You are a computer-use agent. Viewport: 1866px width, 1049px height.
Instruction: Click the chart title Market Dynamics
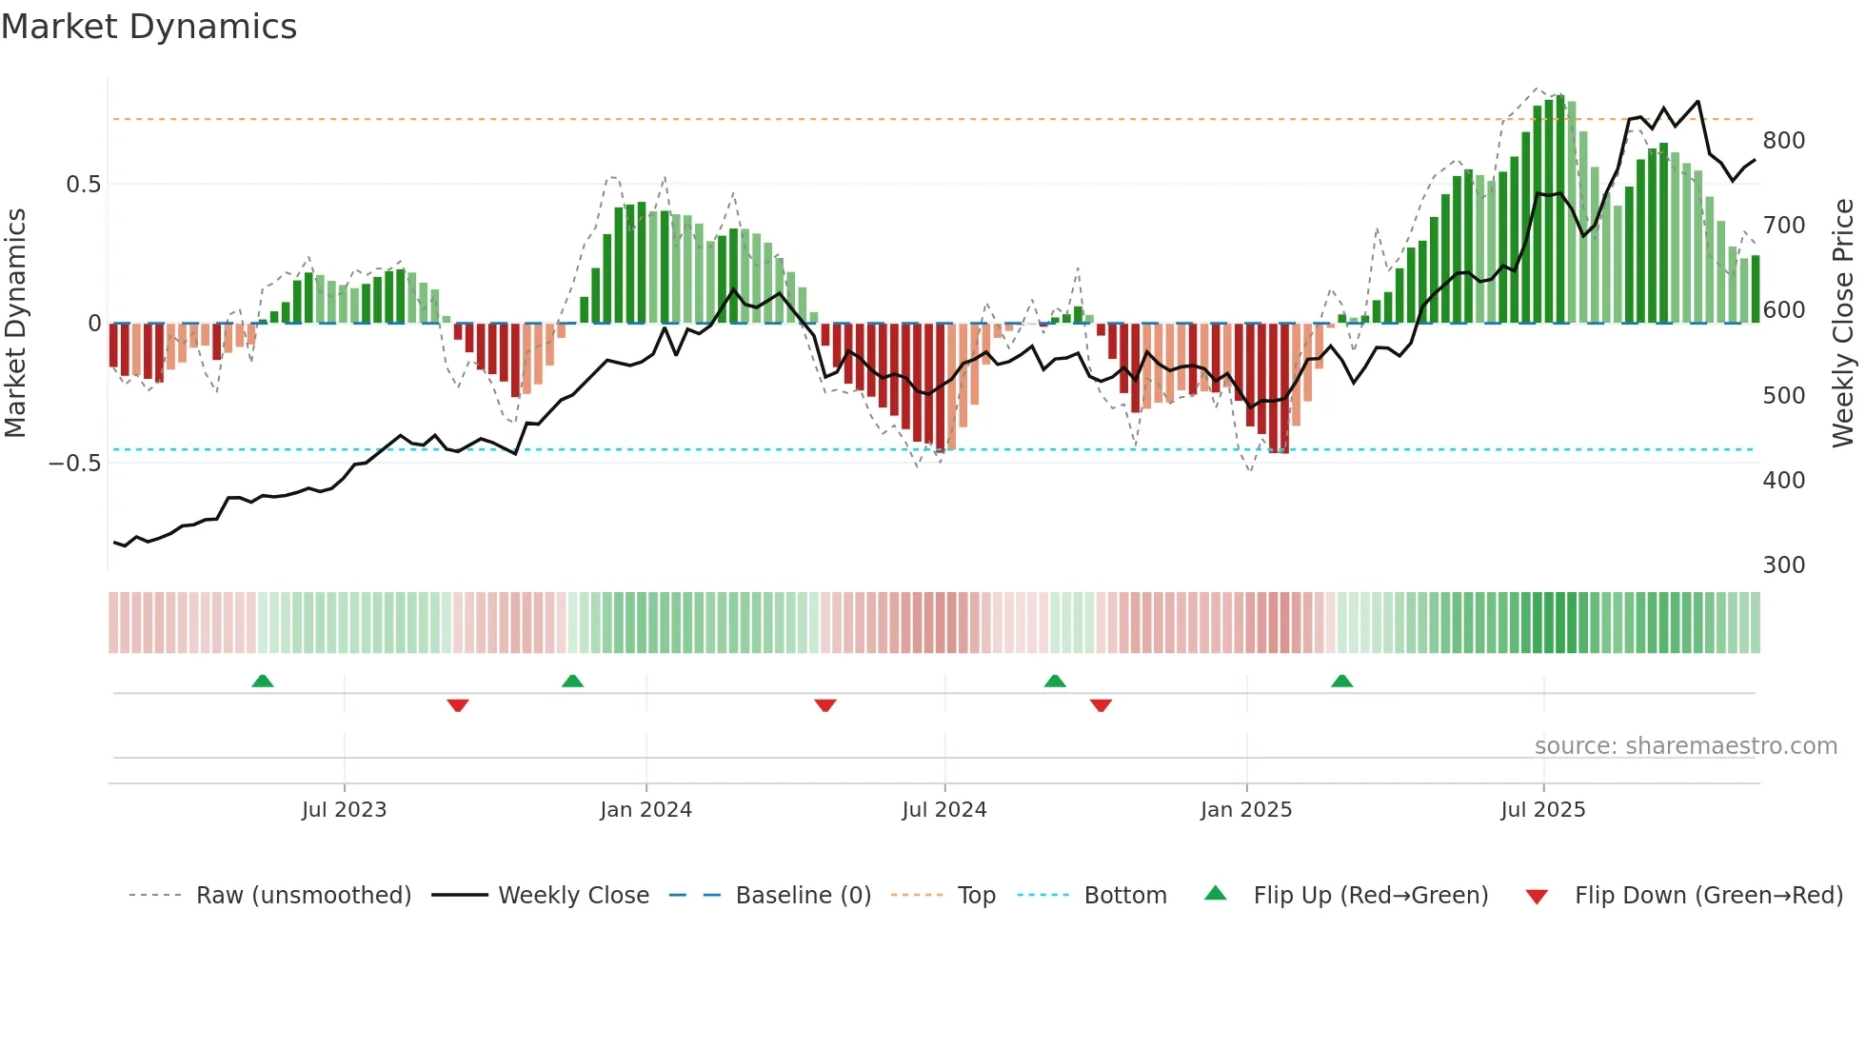pos(149,27)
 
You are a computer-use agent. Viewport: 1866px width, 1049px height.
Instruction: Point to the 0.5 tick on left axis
pos(83,184)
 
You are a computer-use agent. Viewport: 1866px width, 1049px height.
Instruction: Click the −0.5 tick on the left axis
pos(74,464)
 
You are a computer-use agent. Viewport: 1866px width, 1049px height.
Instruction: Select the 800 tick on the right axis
pos(1783,141)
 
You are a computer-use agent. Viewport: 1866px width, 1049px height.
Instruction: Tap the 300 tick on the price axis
pos(1783,565)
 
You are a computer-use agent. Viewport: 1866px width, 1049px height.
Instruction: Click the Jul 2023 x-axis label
pos(344,810)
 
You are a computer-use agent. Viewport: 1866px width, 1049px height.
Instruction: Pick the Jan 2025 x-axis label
pos(1245,810)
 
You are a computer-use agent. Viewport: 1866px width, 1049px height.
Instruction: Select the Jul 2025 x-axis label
pos(1542,810)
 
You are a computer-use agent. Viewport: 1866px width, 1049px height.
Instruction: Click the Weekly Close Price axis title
pos(1843,324)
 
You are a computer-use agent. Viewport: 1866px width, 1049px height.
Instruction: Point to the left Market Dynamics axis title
pos(15,324)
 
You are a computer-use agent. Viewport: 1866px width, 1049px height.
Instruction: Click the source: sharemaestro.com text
pos(1685,746)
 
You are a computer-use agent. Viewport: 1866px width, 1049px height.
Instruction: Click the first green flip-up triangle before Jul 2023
pos(263,681)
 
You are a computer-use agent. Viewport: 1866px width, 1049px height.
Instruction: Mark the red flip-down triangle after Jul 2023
pos(458,705)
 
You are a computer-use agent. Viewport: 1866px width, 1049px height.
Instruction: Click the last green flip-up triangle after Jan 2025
pos(1341,681)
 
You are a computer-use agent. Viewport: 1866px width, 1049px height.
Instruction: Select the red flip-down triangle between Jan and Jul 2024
pos(825,705)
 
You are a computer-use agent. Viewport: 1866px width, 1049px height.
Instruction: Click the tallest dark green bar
pos(1560,209)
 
